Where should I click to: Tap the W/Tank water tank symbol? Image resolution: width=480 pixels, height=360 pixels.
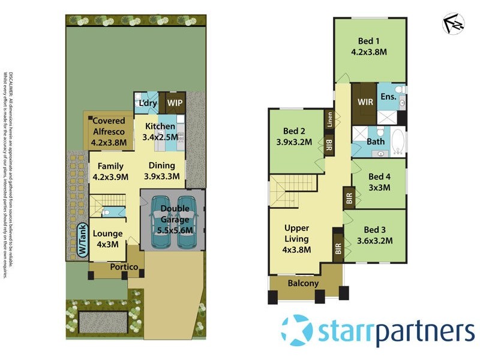coord(82,240)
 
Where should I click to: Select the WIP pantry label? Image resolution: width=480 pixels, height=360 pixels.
coord(175,103)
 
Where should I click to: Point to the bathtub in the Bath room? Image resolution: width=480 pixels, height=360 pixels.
coord(398,143)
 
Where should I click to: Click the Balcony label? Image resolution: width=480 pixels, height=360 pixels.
coord(303,283)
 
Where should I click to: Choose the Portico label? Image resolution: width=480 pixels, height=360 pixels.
coord(124,266)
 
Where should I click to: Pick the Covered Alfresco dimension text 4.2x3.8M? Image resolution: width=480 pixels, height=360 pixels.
coord(108,143)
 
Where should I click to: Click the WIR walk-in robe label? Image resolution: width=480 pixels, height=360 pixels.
coord(365,102)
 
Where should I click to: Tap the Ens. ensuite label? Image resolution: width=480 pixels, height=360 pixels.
coord(388,97)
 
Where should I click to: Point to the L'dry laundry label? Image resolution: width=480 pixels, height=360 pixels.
coord(147,103)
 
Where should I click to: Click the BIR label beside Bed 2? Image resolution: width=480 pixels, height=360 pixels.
coord(329,146)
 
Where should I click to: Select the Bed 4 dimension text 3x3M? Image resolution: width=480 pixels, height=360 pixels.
coord(379,187)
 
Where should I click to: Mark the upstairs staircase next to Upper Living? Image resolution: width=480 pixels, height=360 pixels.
coord(292,190)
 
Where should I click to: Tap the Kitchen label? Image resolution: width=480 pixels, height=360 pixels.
coord(160,126)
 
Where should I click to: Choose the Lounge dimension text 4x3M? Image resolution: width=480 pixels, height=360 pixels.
coord(108,244)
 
